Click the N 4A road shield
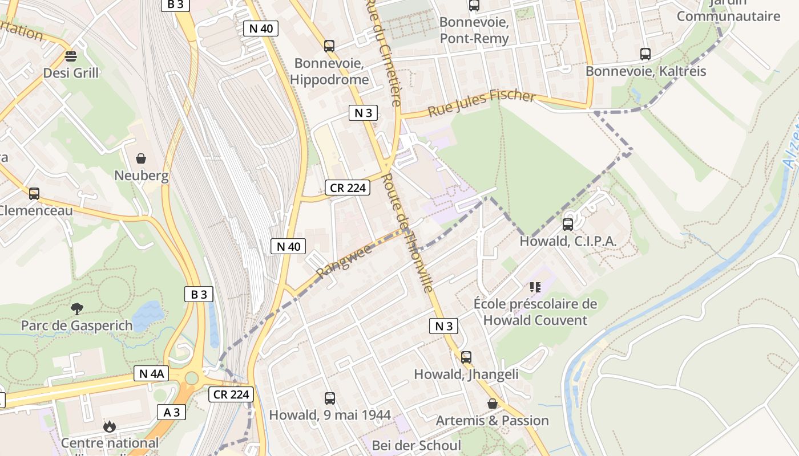coord(151,373)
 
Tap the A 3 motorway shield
coord(171,412)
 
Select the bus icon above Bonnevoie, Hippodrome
coord(329,46)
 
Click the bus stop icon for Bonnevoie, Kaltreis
coord(645,54)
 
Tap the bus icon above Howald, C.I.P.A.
coord(567,225)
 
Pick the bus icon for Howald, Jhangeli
coord(466,357)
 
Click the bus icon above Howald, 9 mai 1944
coord(329,398)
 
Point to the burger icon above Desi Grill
coord(71,56)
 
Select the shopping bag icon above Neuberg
coord(141,158)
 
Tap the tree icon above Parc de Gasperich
coord(76,309)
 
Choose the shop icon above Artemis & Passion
coord(492,404)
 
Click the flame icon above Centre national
coord(109,426)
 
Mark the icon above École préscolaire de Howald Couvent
coord(535,287)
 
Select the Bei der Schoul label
coord(416,445)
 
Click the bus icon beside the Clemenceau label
coord(34,194)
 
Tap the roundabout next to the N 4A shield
coord(192,377)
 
